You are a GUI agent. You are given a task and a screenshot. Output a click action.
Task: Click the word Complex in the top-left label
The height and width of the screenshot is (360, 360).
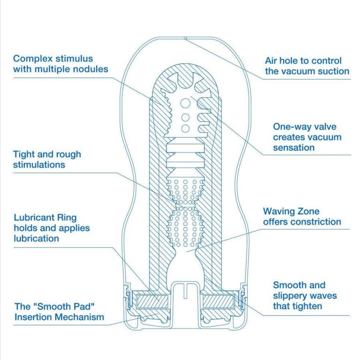coord(30,59)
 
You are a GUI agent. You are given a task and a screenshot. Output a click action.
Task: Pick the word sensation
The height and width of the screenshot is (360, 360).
coord(294,148)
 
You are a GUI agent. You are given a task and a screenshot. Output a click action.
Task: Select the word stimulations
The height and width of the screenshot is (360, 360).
coord(39,165)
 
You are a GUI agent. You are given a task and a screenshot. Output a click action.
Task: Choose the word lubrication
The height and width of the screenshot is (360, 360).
coord(36,238)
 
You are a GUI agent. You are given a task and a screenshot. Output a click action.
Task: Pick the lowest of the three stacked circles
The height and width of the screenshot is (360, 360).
coord(185,128)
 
